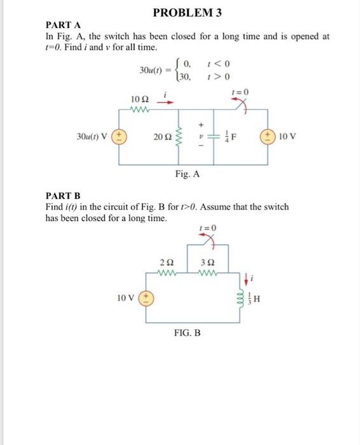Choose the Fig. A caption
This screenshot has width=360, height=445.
pos(188,174)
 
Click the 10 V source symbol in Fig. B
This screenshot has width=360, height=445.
pos(147,297)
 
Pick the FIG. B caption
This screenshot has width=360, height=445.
pos(188,332)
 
